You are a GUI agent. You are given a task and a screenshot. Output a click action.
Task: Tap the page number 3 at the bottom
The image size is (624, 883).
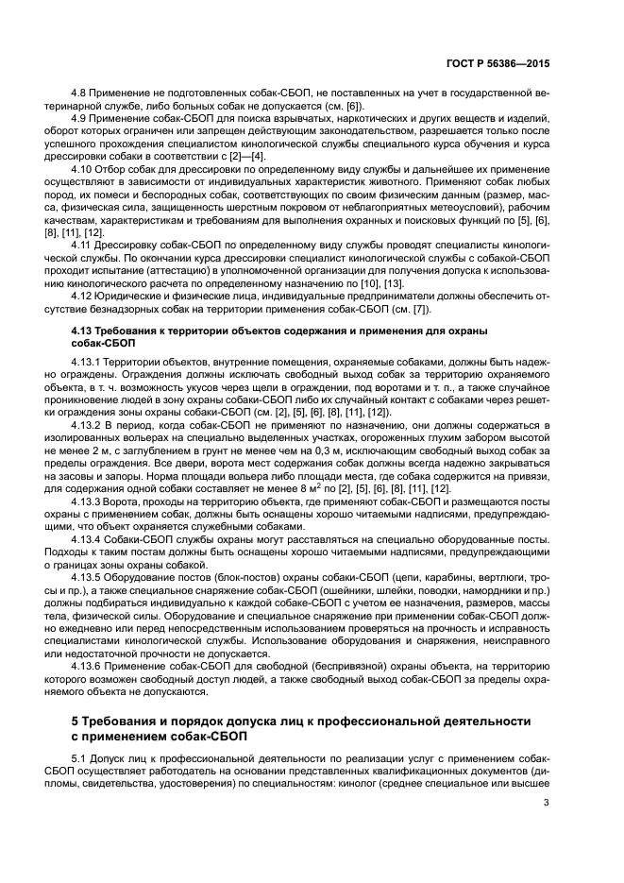tap(547, 803)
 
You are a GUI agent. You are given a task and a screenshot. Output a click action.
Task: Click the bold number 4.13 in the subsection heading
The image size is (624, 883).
tap(86, 331)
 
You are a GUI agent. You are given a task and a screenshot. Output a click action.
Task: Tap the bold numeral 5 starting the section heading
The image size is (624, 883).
tap(76, 721)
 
